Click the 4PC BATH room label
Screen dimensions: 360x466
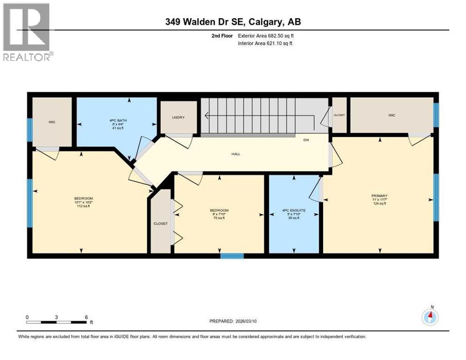click(116, 120)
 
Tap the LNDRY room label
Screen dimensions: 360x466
click(178, 117)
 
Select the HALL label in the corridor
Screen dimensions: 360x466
click(236, 154)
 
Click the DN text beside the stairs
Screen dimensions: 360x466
click(306, 140)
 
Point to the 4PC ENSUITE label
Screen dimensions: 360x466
click(294, 210)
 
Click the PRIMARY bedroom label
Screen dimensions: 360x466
click(379, 195)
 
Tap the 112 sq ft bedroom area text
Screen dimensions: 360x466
click(83, 206)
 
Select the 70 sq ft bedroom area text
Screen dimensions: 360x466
click(219, 218)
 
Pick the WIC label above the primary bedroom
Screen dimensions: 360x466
click(391, 115)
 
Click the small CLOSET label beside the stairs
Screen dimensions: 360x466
click(339, 115)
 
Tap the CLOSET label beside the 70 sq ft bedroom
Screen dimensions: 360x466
click(160, 224)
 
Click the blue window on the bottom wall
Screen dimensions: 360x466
click(232, 255)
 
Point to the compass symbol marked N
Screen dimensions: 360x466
click(430, 317)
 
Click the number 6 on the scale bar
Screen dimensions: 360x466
click(86, 317)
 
